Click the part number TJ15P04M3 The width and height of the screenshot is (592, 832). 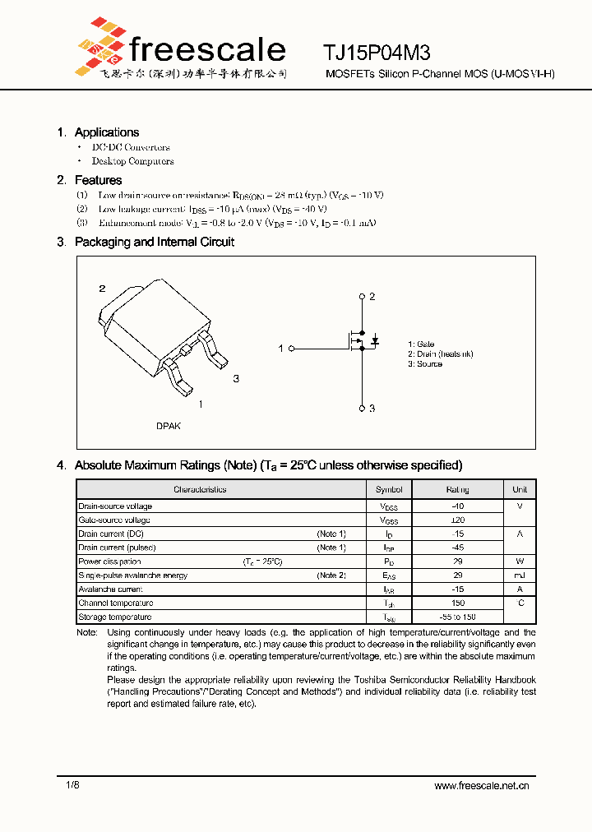376,53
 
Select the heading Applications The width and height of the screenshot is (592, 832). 106,132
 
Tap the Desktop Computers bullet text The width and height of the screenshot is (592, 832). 132,161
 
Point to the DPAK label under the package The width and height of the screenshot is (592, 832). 169,426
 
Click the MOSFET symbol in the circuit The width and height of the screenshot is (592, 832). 359,340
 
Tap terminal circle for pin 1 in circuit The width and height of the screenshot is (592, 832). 290,349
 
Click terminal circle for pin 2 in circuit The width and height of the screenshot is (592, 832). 362,296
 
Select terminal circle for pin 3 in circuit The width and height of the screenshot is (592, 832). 362,408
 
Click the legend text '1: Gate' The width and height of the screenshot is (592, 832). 421,344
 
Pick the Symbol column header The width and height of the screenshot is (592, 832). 389,489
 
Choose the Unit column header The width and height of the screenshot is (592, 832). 520,489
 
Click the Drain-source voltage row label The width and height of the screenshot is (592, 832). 115,506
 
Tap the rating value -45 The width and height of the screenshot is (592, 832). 458,548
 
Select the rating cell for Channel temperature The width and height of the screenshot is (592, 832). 458,603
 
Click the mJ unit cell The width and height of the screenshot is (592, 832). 520,575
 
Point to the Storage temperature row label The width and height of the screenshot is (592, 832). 115,617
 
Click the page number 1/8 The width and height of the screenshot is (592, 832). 72,785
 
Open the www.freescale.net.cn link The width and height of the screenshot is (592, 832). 481,786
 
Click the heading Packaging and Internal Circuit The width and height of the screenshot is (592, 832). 154,242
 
